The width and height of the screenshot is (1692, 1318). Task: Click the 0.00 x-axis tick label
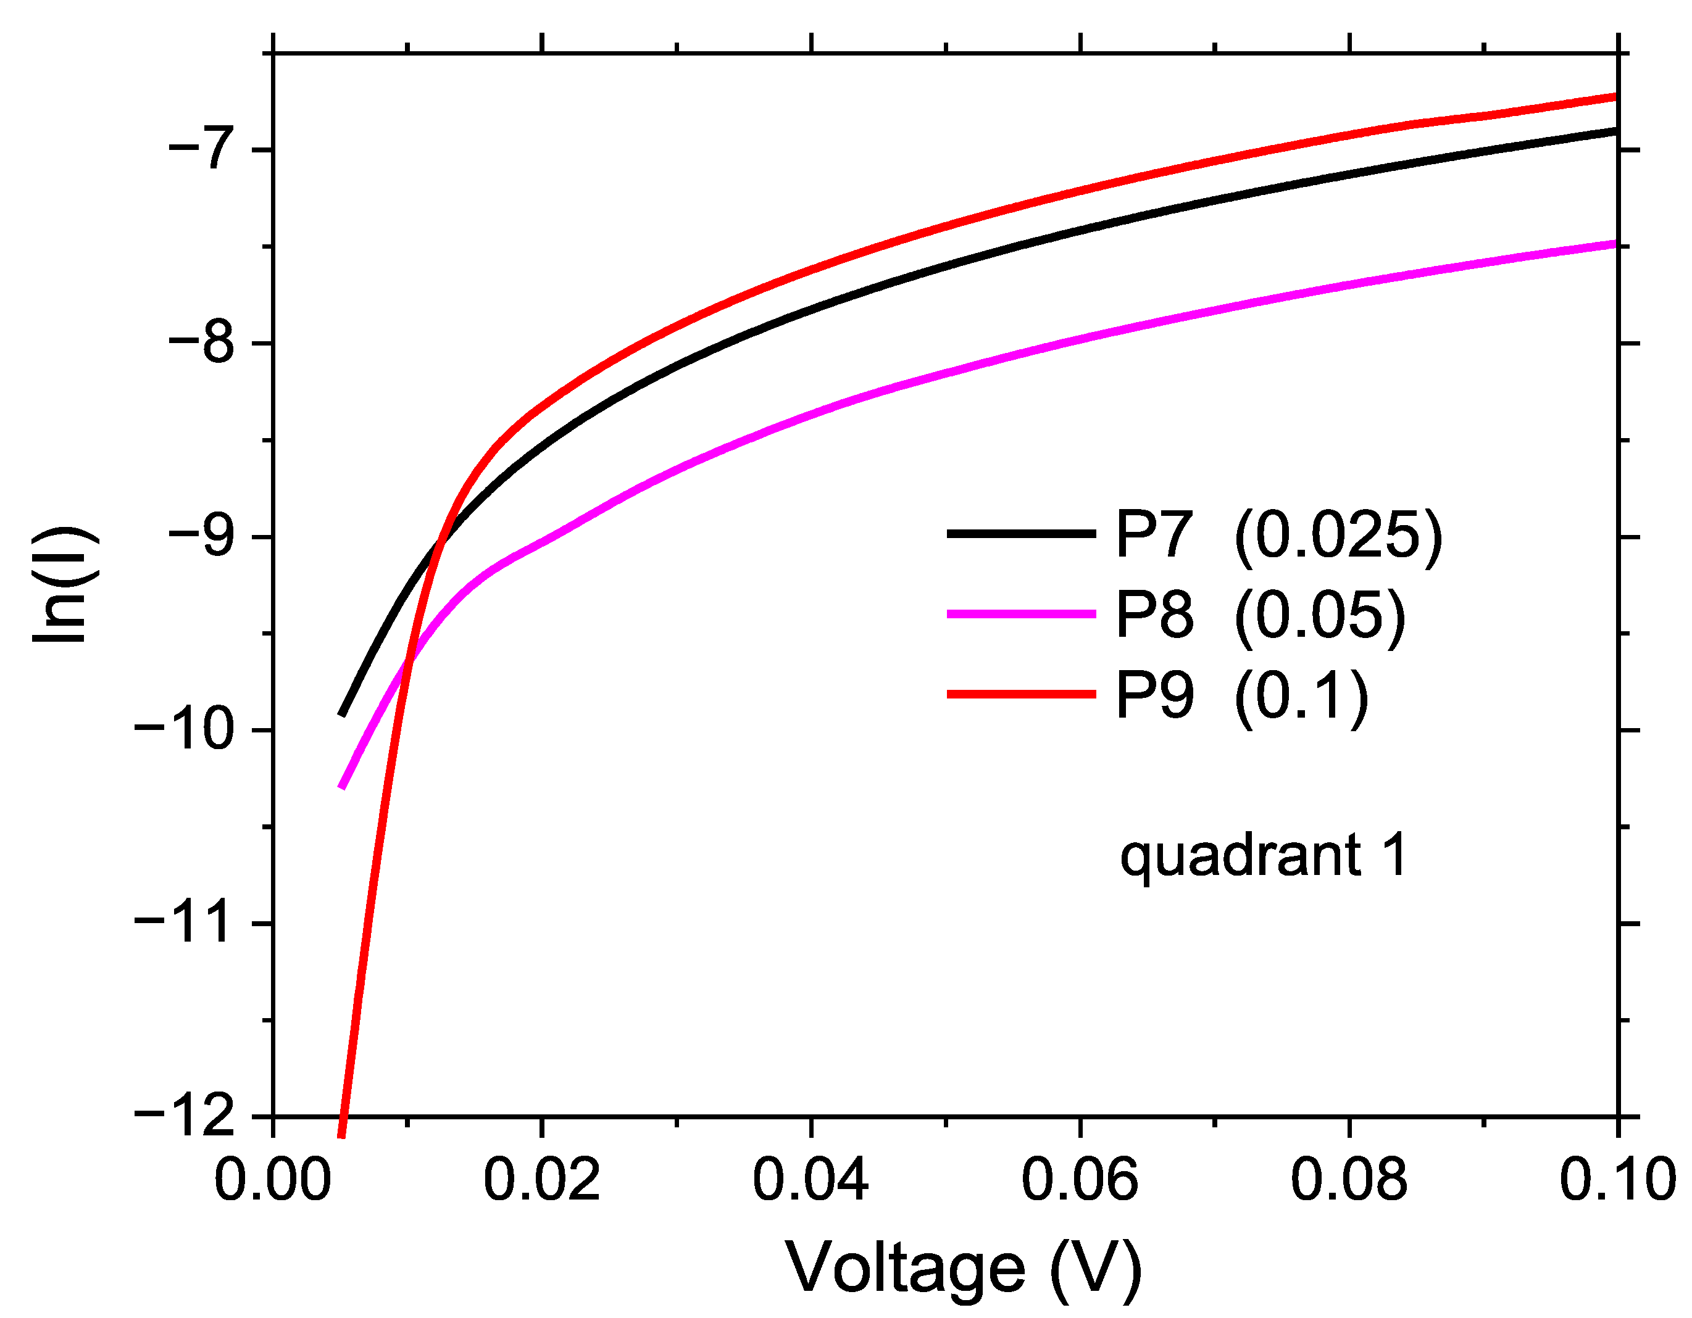(x=273, y=1180)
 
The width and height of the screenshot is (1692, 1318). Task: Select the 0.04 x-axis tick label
(x=811, y=1180)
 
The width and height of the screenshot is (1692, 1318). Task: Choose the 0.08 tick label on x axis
(x=1348, y=1180)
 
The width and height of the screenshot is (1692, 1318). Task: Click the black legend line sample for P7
(x=1020, y=534)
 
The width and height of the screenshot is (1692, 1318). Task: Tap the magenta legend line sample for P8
(x=1020, y=613)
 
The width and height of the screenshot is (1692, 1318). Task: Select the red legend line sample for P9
(x=1020, y=694)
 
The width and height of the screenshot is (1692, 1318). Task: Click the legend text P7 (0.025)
(x=1278, y=534)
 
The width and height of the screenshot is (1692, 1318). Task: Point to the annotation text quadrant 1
(x=1263, y=856)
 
